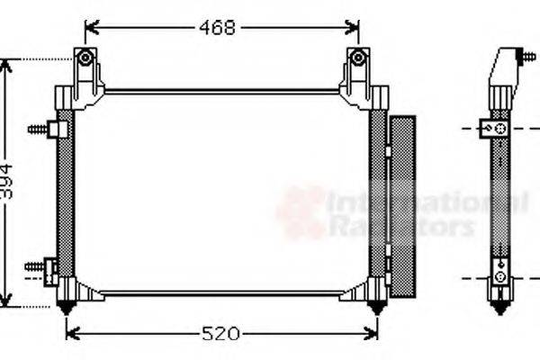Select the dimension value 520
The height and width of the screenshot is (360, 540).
click(220, 334)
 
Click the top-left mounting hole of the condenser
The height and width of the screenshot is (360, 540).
click(85, 58)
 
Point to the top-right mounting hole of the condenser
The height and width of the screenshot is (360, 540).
click(358, 58)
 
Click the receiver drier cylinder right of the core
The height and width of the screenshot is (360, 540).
click(401, 208)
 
